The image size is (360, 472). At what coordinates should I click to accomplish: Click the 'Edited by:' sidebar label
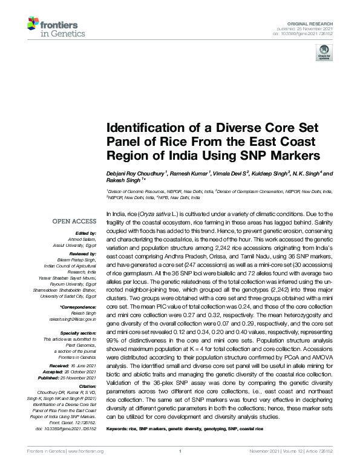[x=87, y=233]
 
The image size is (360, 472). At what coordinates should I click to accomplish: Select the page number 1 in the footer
[x=180, y=468]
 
